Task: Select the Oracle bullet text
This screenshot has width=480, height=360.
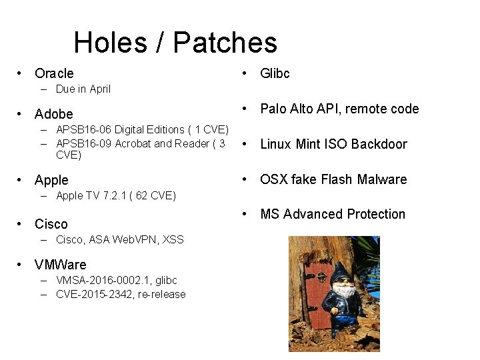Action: point(54,73)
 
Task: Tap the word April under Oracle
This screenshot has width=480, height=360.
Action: point(97,89)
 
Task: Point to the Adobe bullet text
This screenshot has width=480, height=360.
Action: point(53,114)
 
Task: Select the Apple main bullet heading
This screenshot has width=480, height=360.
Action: point(51,180)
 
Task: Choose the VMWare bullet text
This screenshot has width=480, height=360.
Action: point(60,265)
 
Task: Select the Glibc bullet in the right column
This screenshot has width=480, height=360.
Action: point(275,73)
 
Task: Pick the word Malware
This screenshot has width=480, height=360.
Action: point(382,179)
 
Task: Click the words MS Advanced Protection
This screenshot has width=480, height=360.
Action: point(333,214)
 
